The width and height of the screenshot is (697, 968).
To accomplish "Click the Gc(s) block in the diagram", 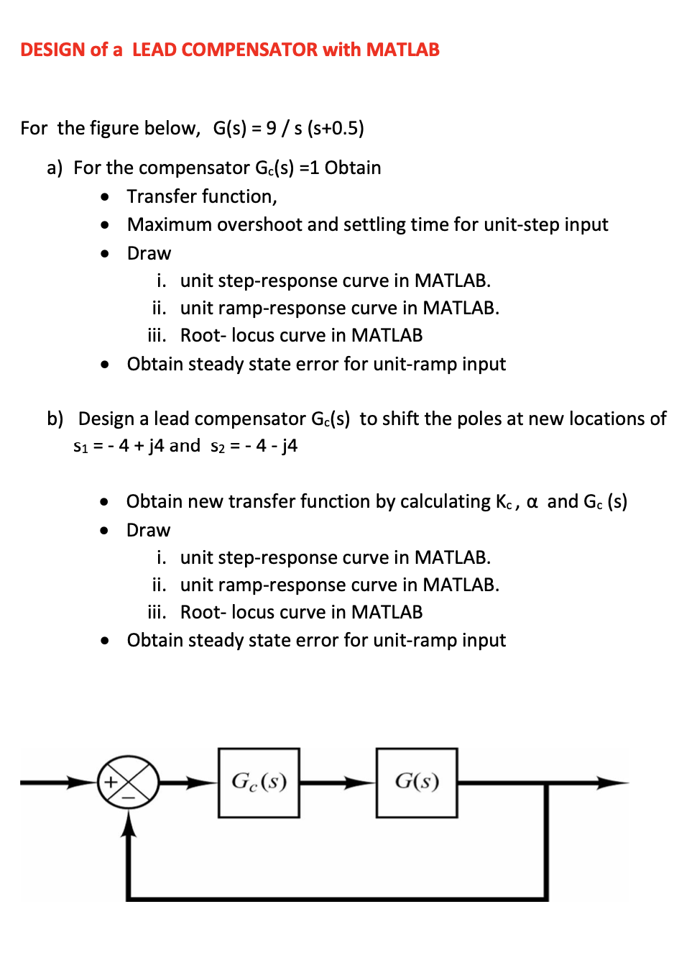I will (259, 782).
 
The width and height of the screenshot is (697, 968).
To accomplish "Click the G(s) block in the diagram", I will (417, 782).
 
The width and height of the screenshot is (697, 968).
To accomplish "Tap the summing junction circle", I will (129, 782).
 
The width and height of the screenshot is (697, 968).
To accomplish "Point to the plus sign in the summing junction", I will (111, 782).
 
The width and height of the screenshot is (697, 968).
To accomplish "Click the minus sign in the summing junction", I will (129, 798).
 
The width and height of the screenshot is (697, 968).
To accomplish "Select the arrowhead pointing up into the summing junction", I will (129, 823).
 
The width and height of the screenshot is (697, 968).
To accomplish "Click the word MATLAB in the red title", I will (402, 50).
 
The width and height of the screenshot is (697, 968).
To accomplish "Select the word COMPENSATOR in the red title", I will (225, 50).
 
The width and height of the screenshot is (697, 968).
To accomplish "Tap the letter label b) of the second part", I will (55, 419).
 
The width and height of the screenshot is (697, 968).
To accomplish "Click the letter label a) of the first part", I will (55, 168).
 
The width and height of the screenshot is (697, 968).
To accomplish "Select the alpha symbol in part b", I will (532, 502).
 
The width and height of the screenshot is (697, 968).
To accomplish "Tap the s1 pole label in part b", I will (80, 446).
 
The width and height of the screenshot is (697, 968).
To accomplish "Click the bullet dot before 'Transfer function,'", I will (106, 196).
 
